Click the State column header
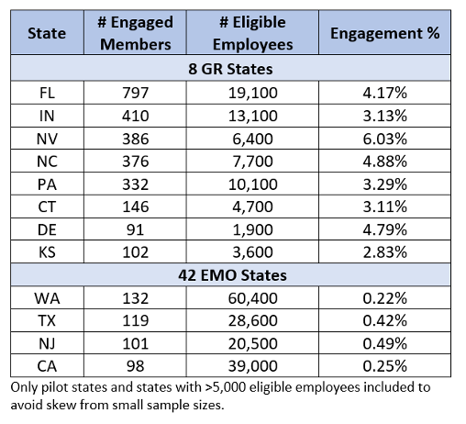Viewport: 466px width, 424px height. point(47,33)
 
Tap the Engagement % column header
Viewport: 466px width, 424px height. point(385,33)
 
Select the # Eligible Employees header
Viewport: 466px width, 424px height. point(252,33)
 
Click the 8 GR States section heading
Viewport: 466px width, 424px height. point(230,69)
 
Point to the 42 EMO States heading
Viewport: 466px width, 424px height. point(232,275)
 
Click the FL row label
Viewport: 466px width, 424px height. point(47,93)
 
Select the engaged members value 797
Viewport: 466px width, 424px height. point(136,93)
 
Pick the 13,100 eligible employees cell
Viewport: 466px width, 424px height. point(253,116)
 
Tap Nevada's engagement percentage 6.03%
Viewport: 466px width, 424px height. point(384,139)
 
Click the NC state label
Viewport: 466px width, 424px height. point(47,162)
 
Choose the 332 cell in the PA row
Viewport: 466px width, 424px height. point(136,184)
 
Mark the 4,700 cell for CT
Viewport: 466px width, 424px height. point(252,206)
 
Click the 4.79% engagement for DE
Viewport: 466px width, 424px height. point(384,229)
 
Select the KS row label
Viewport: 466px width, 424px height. point(47,252)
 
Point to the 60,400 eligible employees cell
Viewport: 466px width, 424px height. point(253,298)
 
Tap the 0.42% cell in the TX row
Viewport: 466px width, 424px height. point(384,320)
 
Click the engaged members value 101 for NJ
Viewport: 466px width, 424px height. point(136,343)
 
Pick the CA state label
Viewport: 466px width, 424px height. point(47,366)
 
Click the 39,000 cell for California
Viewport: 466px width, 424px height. point(253,366)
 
